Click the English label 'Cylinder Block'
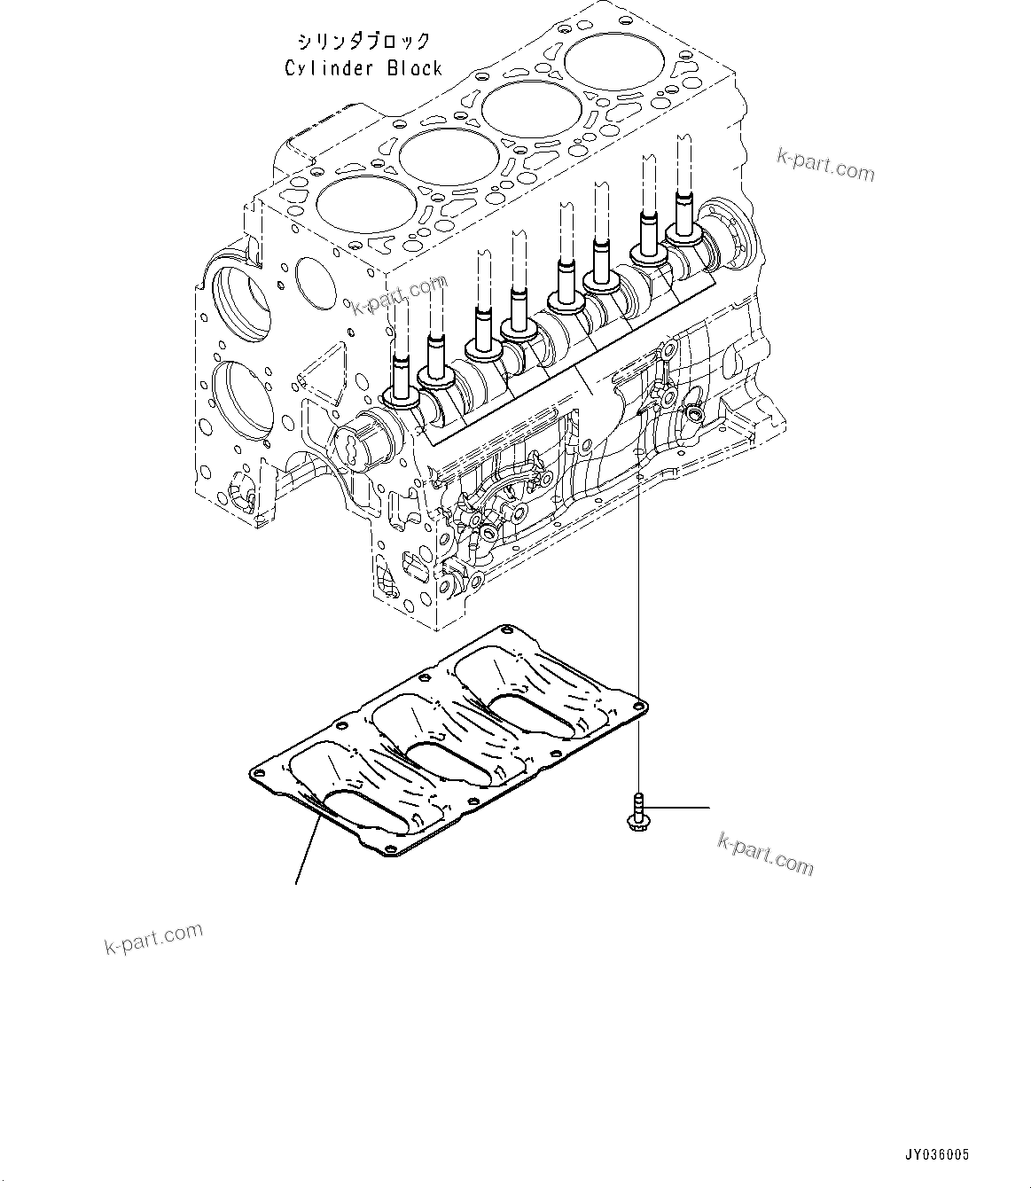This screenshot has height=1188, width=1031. (x=363, y=67)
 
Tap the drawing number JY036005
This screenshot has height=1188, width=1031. (x=936, y=1155)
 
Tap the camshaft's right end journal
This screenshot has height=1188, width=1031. (x=731, y=231)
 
